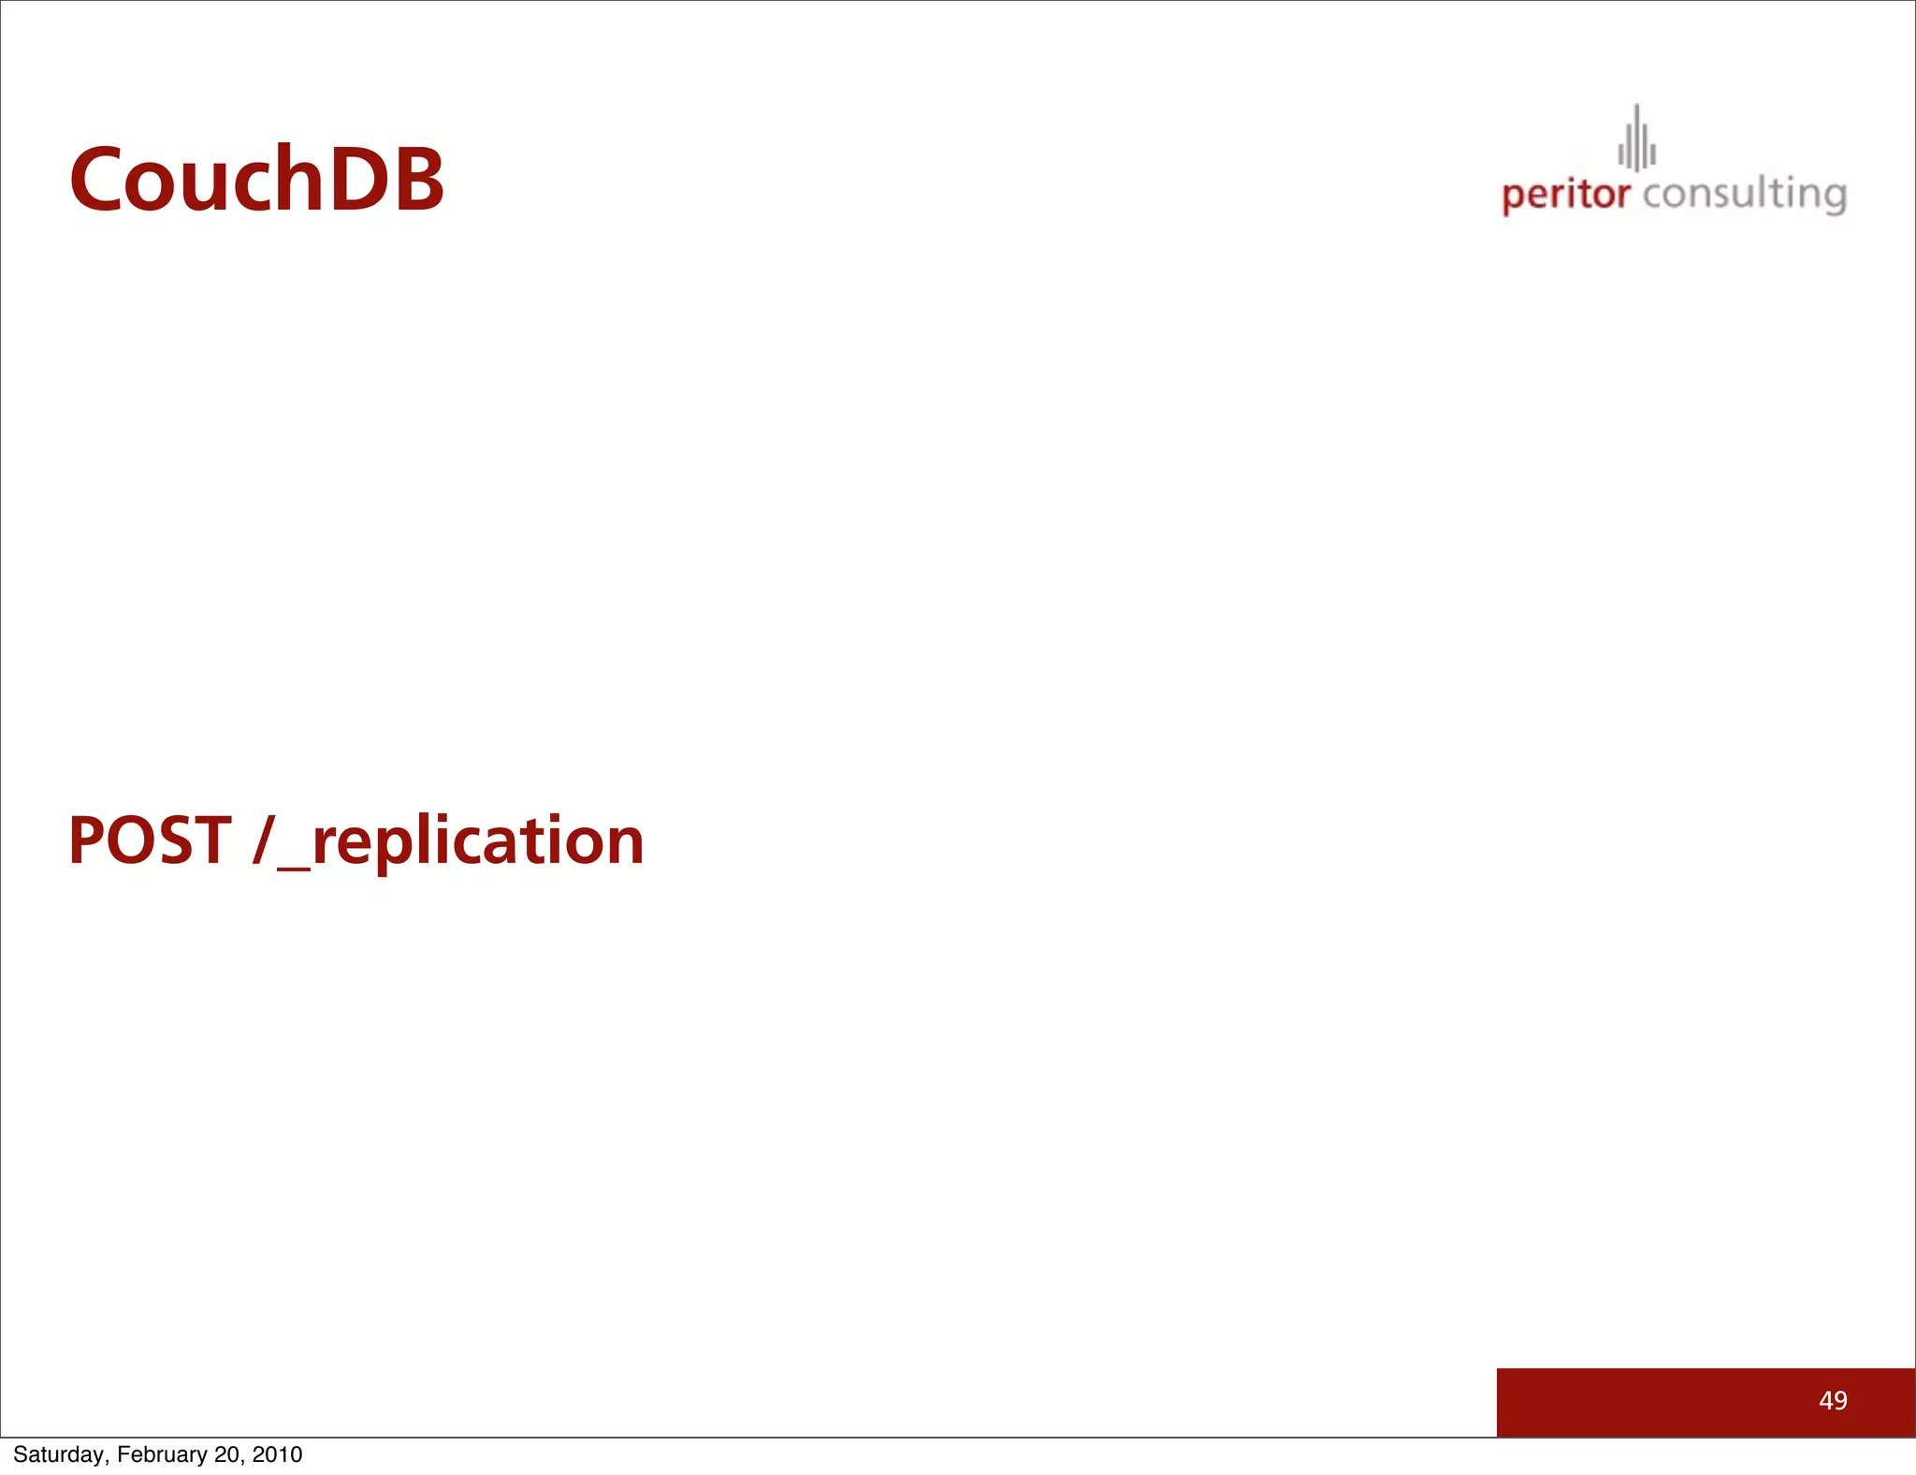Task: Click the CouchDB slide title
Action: [x=256, y=180]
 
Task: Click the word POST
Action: [x=150, y=840]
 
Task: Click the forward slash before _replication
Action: [x=264, y=840]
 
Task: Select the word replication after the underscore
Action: [x=477, y=841]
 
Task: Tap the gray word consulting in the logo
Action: [x=1744, y=195]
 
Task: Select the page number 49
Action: [x=1833, y=1400]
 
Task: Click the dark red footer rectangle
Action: [x=1665, y=1402]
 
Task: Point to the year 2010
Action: [x=277, y=1454]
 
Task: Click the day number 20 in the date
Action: [x=227, y=1454]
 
